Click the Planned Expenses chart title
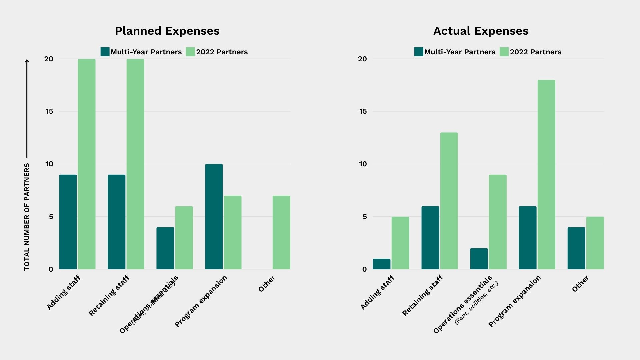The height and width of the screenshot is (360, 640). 167,31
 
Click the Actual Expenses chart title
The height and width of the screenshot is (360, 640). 481,31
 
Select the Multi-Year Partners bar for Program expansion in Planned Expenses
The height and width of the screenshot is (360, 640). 214,217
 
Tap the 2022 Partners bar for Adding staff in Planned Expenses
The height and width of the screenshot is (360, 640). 87,164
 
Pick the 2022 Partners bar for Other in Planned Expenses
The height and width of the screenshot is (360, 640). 281,232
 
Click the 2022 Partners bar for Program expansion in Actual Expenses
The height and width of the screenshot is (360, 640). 546,175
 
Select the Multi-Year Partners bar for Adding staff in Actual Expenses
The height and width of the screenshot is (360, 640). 381,264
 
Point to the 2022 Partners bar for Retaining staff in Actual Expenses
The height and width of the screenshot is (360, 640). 449,201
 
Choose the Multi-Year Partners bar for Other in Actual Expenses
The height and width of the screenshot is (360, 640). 576,248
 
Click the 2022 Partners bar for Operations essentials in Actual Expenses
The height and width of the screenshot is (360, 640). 498,222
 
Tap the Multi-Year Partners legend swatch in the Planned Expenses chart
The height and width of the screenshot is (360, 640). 105,52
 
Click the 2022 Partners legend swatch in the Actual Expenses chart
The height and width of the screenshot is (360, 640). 504,52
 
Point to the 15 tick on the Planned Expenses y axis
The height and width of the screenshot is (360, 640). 49,111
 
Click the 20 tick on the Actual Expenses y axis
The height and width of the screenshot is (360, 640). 362,59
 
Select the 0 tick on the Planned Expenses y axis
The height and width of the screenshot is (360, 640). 51,269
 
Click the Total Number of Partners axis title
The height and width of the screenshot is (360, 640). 27,217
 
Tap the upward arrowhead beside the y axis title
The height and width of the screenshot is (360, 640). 27,61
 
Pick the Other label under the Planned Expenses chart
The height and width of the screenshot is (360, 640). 267,284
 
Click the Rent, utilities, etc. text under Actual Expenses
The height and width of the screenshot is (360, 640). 476,303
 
